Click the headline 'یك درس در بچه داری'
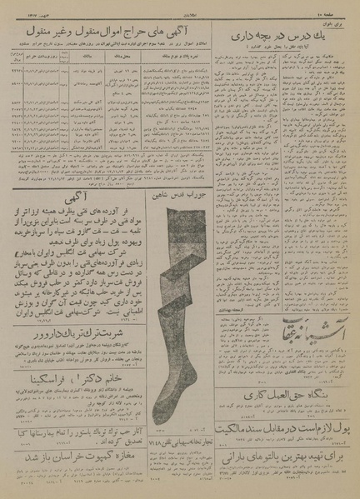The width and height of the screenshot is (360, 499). click(287, 34)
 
